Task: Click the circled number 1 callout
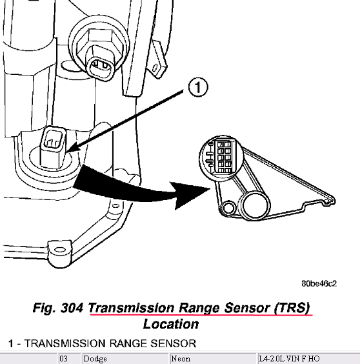[198, 87]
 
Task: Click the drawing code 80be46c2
[319, 283]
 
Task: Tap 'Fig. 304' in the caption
[58, 308]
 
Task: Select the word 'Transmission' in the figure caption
[131, 308]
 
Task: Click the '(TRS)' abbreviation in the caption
[292, 308]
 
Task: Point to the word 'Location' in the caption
[170, 324]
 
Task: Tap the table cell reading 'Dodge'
[95, 359]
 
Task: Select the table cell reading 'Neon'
[181, 359]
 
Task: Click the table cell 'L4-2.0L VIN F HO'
[289, 359]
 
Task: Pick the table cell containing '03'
[63, 359]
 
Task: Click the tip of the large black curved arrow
[211, 189]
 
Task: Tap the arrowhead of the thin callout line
[67, 152]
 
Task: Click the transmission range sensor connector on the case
[54, 147]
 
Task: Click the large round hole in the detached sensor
[254, 205]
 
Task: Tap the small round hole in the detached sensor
[228, 207]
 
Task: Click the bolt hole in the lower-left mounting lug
[61, 250]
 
